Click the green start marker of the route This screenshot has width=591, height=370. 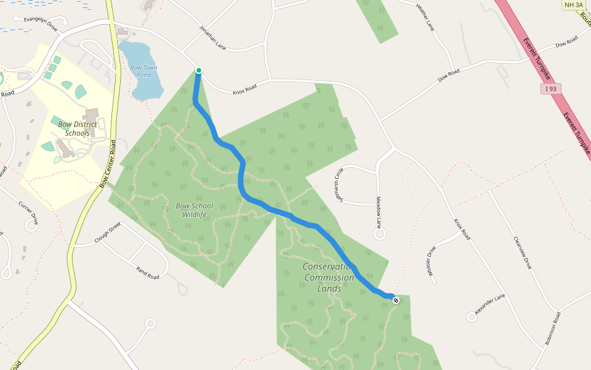(199, 70)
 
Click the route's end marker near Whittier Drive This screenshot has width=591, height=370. (395, 300)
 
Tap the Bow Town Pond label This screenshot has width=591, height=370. (143, 71)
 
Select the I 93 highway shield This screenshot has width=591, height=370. (551, 89)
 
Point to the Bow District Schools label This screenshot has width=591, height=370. (78, 128)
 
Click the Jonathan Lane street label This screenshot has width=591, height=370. (213, 38)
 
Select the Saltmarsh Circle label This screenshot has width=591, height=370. (337, 182)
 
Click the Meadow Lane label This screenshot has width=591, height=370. (379, 210)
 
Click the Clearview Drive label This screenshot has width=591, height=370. (521, 253)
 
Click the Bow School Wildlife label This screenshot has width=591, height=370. (194, 210)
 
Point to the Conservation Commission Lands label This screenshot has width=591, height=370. (329, 277)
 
